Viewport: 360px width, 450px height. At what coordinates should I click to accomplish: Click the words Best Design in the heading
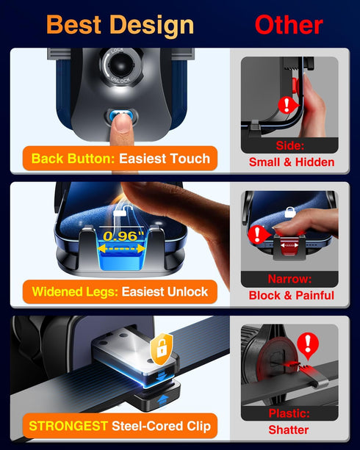tap(120, 25)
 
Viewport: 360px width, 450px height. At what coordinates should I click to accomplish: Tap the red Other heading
tap(289, 25)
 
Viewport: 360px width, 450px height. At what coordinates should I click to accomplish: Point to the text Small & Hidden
tap(292, 162)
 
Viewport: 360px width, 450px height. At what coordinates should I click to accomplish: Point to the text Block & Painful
tap(292, 296)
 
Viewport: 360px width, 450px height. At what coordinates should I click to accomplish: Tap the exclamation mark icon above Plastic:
tap(307, 344)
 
